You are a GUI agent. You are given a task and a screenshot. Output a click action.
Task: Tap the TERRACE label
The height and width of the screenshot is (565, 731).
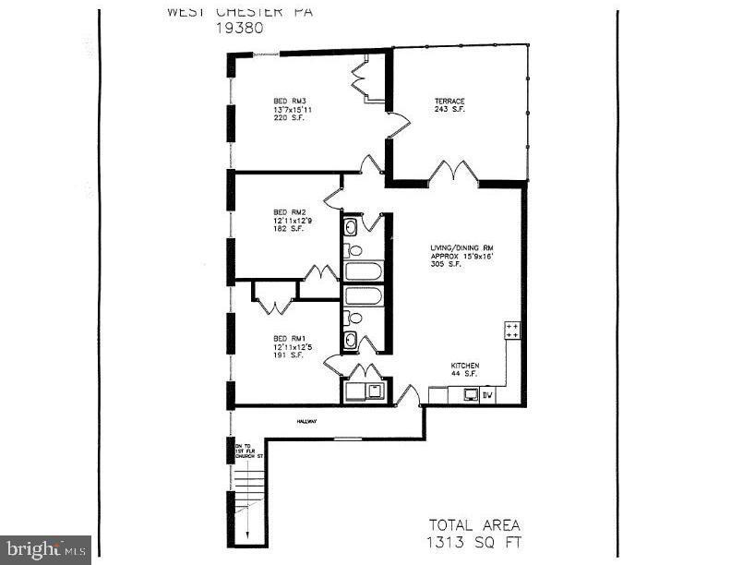449,101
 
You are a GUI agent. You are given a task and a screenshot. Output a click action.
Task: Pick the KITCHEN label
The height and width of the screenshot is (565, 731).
465,366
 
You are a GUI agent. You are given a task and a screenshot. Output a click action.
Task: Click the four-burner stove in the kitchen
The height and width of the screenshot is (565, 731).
512,331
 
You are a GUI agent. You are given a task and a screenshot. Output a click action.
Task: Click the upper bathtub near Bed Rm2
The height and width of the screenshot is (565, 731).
363,271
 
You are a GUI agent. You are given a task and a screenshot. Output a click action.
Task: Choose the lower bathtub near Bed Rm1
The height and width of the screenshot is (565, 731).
363,296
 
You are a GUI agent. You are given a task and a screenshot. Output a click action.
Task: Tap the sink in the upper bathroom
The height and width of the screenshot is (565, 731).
352,227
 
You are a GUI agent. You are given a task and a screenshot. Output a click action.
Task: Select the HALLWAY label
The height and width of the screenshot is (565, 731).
306,422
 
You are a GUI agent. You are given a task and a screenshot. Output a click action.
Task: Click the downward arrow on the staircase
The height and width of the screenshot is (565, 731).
248,532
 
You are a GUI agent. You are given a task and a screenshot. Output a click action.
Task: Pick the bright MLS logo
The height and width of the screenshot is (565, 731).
45,549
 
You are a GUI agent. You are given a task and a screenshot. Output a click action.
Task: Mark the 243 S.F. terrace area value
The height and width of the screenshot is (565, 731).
449,110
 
